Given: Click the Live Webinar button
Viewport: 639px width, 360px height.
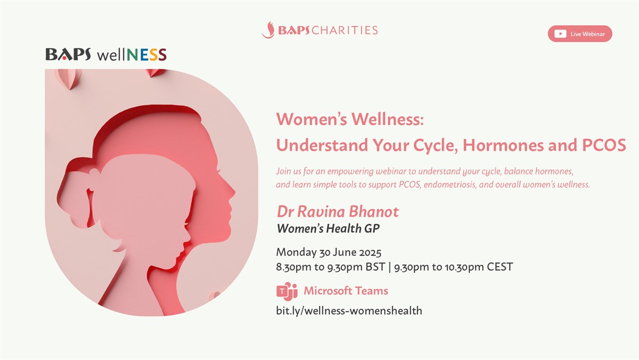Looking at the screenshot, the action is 580,34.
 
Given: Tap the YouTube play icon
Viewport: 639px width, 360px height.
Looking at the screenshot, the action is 560,34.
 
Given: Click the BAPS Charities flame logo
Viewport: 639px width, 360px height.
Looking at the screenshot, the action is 268,30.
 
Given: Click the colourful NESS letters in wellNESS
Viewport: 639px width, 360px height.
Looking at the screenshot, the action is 147,54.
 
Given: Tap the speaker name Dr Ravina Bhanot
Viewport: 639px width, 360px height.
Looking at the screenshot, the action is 338,212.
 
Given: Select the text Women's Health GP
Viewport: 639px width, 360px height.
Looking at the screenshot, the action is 328,229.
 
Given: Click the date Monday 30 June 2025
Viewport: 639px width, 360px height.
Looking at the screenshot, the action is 328,252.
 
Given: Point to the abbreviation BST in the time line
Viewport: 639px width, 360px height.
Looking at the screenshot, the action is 375,267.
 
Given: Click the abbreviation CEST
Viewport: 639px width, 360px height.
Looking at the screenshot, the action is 499,267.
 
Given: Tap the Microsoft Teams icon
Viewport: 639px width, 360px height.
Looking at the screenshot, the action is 287,291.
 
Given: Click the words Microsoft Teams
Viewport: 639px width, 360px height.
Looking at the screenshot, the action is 345,291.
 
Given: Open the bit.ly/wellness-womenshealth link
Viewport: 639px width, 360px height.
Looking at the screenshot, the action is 349,311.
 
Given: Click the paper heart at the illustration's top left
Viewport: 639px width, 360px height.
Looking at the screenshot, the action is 68,78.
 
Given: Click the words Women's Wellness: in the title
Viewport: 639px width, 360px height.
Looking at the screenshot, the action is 350,119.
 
